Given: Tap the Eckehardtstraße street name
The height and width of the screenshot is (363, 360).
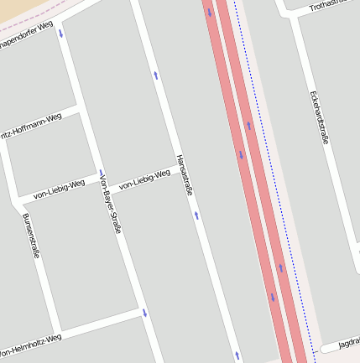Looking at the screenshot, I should (x=319, y=117).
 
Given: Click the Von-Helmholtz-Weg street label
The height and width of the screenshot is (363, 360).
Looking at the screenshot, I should (x=32, y=343).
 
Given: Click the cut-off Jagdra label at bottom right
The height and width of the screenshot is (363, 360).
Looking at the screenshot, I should (x=349, y=344).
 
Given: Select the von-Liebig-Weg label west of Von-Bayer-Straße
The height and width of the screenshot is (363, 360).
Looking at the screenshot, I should (x=59, y=189).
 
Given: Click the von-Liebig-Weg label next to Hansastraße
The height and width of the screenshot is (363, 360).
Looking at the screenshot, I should (x=144, y=179).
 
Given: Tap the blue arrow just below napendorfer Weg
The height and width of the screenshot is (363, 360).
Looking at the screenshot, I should (x=60, y=34).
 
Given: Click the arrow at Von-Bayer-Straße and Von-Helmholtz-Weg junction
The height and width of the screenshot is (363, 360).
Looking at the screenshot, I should (x=144, y=313).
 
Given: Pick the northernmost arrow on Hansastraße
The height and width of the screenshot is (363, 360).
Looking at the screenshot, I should (x=156, y=76).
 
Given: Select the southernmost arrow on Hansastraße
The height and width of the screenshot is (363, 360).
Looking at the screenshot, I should (x=237, y=355).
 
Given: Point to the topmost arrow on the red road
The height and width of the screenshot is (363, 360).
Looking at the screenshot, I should (x=210, y=12).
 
